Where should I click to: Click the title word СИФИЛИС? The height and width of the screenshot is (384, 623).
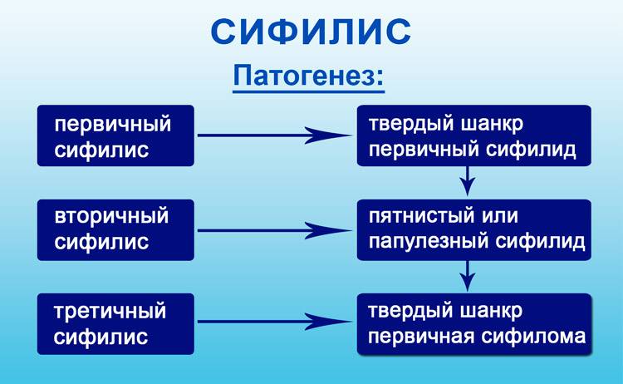(311, 32)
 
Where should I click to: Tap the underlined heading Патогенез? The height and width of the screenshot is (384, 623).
(309, 76)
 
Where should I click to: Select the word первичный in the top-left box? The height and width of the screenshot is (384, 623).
(113, 126)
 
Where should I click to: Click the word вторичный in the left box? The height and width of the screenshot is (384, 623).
(111, 217)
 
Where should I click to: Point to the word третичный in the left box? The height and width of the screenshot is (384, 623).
(110, 311)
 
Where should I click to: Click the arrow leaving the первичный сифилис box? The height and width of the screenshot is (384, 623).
(275, 135)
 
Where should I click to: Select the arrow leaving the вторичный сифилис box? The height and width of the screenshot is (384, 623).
(275, 230)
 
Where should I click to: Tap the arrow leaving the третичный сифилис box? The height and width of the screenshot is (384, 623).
(275, 322)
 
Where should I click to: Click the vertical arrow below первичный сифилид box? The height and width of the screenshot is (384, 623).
(468, 181)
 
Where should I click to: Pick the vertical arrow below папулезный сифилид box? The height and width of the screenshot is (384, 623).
(468, 276)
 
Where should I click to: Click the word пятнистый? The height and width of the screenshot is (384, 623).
(421, 217)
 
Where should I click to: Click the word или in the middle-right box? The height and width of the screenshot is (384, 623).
(500, 216)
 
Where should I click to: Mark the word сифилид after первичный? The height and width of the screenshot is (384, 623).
(532, 150)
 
